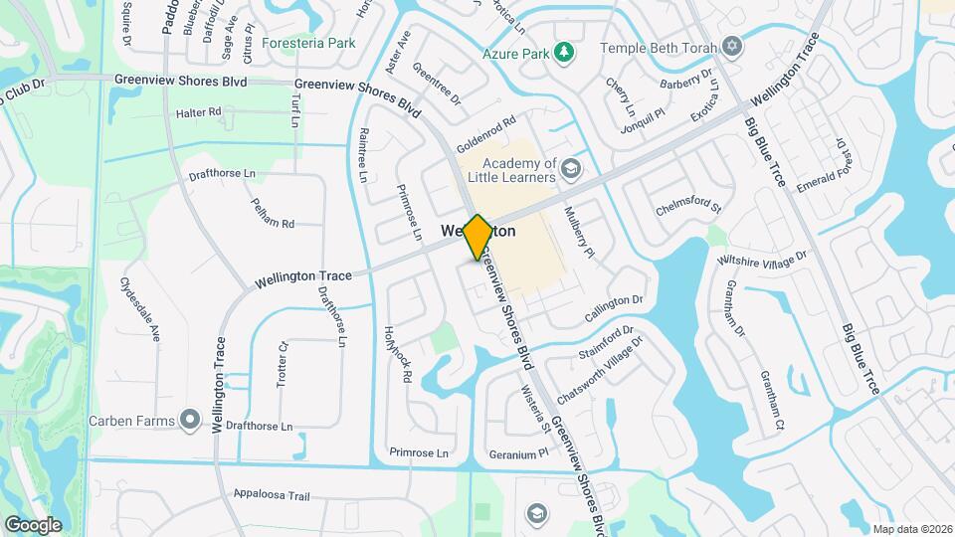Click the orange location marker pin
point(477,236)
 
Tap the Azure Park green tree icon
point(564,52)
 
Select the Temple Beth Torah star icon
point(733,47)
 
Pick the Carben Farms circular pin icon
point(189,420)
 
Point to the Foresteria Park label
point(308,44)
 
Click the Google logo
point(33,524)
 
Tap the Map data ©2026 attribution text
point(911,529)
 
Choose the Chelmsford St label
point(688,208)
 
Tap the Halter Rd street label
point(198,112)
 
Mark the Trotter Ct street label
point(283,366)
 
